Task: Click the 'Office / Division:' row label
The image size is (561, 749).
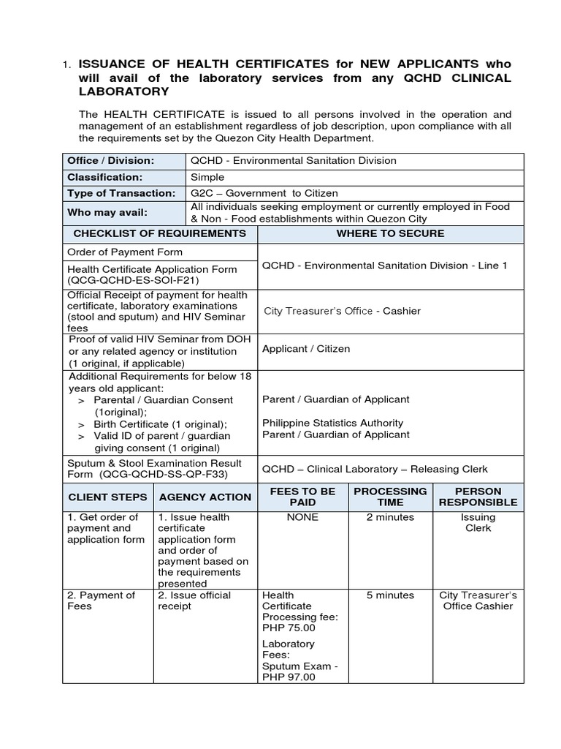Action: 111,161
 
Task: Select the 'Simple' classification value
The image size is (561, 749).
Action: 207,177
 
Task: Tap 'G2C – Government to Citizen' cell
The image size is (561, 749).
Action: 264,193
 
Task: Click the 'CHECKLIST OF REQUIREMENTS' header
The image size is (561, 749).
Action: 160,233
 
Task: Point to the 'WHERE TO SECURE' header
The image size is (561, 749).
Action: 390,233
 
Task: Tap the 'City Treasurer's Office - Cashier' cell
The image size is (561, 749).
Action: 342,311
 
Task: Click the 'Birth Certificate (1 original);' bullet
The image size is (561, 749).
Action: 160,424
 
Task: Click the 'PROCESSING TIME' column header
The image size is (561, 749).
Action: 390,497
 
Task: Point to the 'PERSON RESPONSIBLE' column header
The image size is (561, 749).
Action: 478,497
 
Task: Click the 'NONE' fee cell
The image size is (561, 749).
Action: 302,517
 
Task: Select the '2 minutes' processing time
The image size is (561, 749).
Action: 390,517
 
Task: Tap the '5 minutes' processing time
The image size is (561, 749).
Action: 390,595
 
